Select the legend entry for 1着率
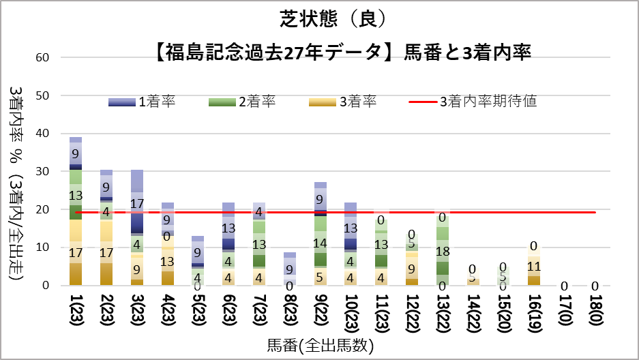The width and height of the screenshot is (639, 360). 143,102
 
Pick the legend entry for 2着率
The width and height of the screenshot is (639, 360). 242,102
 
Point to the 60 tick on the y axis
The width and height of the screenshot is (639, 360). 44,57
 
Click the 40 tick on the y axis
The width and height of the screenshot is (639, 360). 44,134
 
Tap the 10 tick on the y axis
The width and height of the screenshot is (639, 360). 44,247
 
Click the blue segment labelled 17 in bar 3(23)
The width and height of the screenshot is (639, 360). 137,203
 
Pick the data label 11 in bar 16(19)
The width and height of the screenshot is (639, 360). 534,267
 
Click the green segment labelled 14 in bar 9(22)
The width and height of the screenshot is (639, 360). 321,242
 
